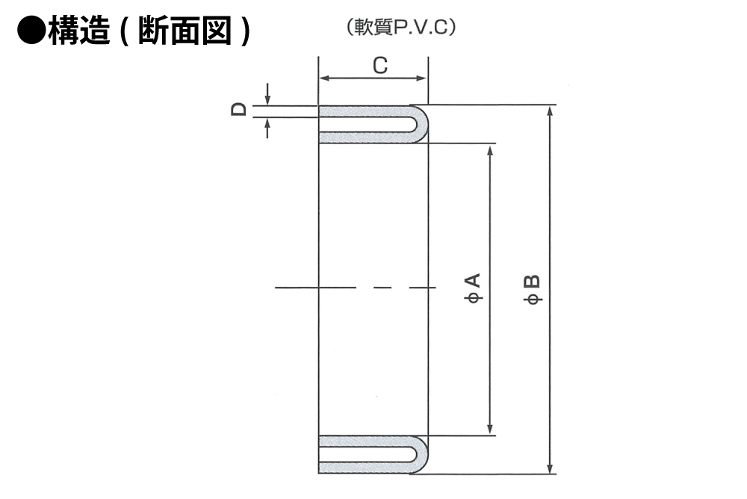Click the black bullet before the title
31,31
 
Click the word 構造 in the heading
80,31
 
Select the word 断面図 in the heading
185,31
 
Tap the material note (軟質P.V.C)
401,27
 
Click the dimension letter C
380,65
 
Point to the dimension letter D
239,110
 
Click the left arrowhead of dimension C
324,78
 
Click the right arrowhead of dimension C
422,78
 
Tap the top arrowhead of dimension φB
551,111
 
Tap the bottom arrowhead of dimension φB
551,468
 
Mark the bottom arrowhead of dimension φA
490,429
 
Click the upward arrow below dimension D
267,128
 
